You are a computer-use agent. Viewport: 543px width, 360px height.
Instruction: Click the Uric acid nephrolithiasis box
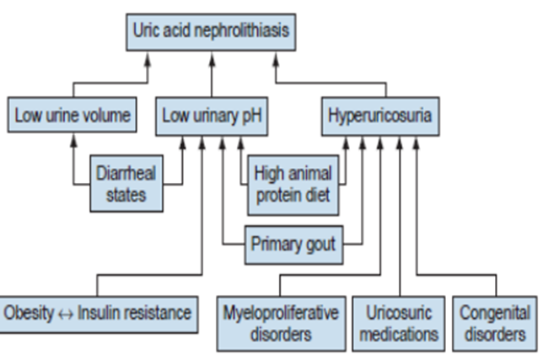211,31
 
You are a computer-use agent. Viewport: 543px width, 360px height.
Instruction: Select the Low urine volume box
73,116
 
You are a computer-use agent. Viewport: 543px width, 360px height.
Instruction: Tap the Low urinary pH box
212,116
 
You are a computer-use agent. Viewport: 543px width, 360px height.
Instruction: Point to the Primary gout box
293,245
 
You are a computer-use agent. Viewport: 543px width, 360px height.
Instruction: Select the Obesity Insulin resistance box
99,313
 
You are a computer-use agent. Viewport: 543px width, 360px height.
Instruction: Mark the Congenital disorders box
494,323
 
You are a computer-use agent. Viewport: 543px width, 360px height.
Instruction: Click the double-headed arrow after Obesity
66,314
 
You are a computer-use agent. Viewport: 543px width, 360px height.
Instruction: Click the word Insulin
99,313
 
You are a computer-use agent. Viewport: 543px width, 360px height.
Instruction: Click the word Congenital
494,313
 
